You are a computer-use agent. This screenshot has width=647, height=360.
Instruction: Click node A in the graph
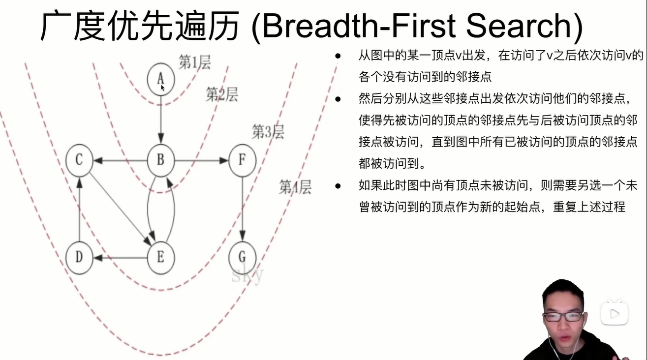tap(161, 78)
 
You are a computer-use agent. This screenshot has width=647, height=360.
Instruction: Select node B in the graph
tap(161, 160)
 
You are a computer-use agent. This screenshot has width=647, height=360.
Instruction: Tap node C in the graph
tap(79, 160)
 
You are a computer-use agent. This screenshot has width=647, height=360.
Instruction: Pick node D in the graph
tap(79, 257)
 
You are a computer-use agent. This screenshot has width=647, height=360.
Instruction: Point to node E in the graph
tap(160, 257)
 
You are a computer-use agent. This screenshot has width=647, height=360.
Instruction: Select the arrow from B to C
tap(120, 160)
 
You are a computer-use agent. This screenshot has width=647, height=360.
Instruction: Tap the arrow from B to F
tap(202, 160)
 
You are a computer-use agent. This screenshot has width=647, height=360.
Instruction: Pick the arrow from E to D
tap(120, 257)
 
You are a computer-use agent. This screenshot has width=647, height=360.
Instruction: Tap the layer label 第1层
tap(194, 63)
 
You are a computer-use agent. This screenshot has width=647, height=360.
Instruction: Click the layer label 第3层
tap(268, 132)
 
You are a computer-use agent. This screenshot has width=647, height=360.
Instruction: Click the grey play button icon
tap(615, 313)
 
